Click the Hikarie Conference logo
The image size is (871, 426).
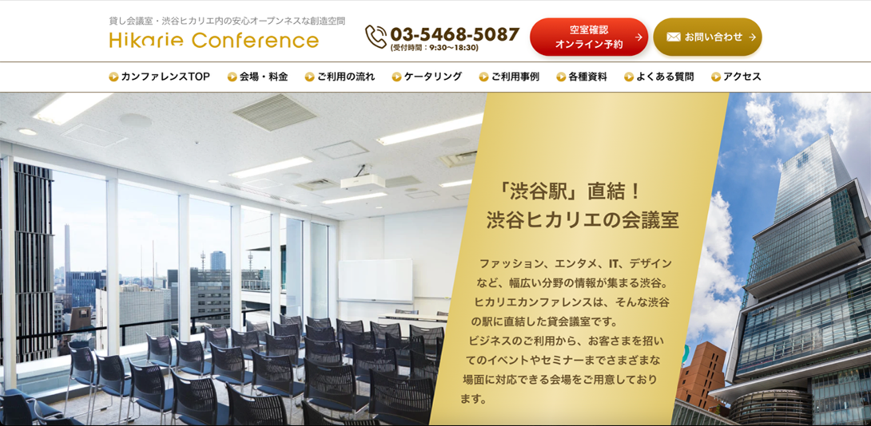[214, 41]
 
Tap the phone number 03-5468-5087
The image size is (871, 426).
[455, 34]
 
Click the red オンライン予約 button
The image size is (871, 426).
[589, 37]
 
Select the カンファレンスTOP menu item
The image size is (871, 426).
[160, 77]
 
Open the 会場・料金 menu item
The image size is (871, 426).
[258, 77]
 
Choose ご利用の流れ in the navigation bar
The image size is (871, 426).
[340, 77]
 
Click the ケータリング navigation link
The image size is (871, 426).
[427, 77]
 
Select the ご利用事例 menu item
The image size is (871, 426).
[509, 77]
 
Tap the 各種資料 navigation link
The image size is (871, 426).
[582, 77]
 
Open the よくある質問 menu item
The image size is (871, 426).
[658, 77]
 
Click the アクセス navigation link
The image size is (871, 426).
[736, 77]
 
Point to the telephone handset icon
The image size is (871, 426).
[376, 37]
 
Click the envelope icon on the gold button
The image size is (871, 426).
[674, 37]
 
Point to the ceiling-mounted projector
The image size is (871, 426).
[362, 180]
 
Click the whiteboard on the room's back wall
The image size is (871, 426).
[376, 281]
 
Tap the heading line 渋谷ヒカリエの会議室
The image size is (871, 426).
[583, 220]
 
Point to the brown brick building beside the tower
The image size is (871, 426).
[700, 374]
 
